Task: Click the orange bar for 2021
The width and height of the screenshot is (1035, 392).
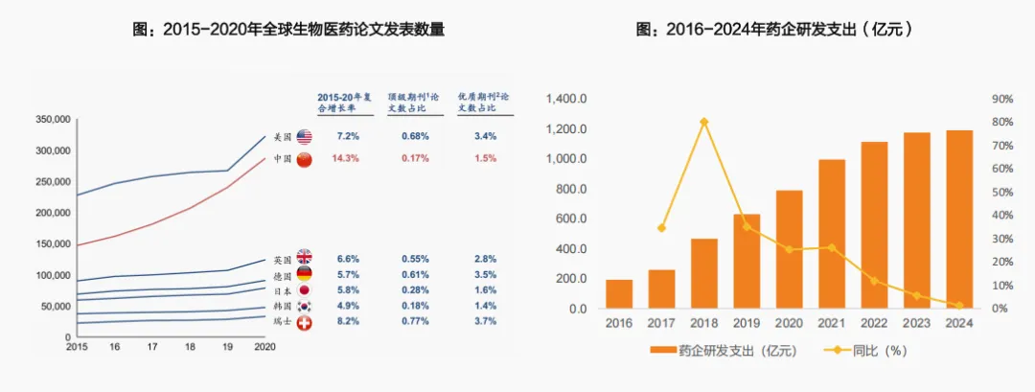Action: (x=832, y=234)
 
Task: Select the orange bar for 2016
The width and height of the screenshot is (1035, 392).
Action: (x=619, y=294)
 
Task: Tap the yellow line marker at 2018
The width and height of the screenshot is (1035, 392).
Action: (x=704, y=122)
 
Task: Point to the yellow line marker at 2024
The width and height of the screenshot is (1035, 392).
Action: (x=959, y=305)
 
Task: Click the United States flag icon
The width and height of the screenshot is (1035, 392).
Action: (x=305, y=137)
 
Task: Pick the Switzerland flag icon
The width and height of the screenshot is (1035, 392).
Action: (x=305, y=321)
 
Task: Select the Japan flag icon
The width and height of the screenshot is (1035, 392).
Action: (x=305, y=290)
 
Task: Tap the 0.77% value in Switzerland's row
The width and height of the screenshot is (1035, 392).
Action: (x=415, y=321)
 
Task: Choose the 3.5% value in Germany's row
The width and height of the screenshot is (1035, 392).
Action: (x=485, y=274)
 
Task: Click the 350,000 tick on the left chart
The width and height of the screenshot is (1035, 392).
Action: (x=53, y=120)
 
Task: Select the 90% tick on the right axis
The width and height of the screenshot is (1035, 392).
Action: (x=1002, y=99)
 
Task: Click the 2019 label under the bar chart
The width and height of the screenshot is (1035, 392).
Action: (x=747, y=324)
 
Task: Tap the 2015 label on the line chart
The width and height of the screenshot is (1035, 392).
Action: (x=77, y=348)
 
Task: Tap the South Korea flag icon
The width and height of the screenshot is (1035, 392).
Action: (x=305, y=306)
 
